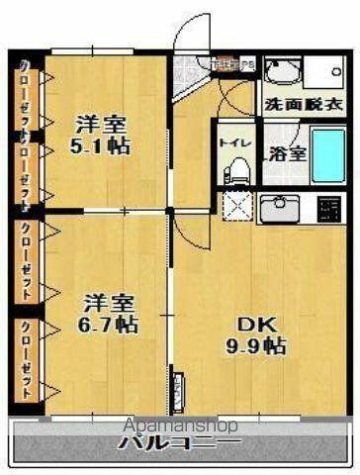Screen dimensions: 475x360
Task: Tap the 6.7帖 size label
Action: point(110,325)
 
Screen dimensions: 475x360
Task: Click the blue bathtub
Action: point(327,156)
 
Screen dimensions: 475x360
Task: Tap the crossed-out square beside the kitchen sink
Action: point(237,206)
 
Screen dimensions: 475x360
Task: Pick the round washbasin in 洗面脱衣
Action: point(282,71)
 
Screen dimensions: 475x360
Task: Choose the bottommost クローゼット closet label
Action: point(25,358)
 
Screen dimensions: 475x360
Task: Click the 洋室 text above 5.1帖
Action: point(100,125)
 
